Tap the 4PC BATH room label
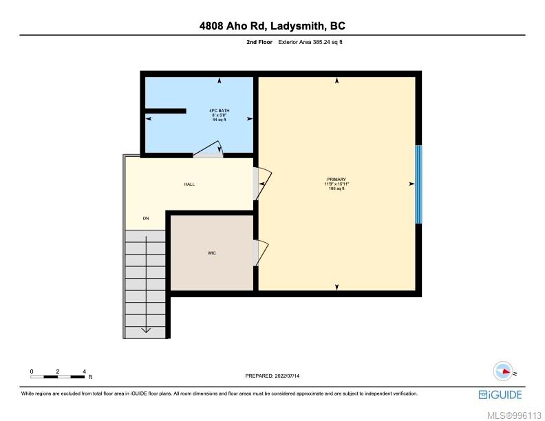pos(220,111)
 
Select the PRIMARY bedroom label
pos(336,180)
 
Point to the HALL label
pos(189,184)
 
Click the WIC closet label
pos(212,253)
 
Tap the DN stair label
pos(146,218)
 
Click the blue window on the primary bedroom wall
pos(419,184)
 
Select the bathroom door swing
pos(209,149)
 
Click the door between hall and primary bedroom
pos(262,184)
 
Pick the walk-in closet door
pos(261,253)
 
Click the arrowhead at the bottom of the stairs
pos(146,330)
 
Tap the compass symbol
pos(504,371)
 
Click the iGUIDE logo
pos(500,395)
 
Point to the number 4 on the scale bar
pos(84,371)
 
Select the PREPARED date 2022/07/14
pos(287,376)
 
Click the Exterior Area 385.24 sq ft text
pos(310,42)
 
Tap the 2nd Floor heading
pos(259,42)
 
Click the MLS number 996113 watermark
pos(515,415)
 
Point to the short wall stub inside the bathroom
pos(165,111)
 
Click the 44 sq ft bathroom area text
pos(220,120)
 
